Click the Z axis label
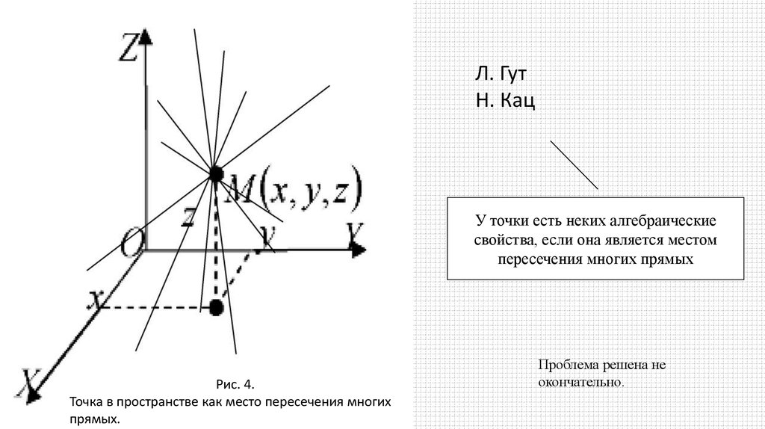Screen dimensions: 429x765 128,52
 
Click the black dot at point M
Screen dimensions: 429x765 216,174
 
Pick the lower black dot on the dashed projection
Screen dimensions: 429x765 217,306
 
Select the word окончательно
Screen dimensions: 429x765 580,382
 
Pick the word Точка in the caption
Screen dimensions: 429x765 87,401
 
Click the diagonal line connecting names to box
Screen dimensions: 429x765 574,164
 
